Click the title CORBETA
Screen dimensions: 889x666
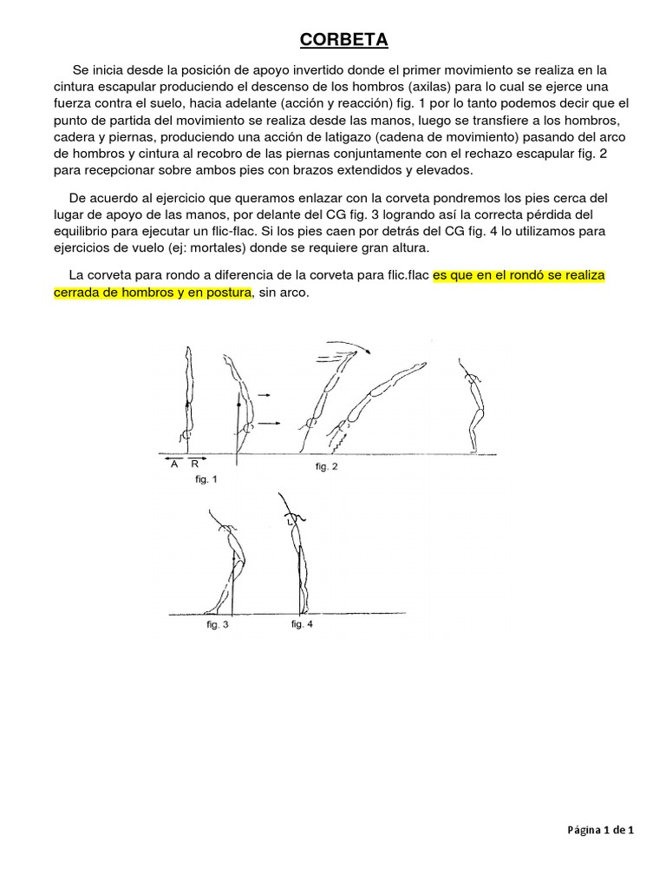(344, 40)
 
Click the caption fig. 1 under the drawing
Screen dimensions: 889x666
(207, 478)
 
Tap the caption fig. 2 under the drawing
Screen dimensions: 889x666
(326, 467)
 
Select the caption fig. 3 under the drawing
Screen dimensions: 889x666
(218, 624)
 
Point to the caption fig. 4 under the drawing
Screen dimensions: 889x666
(302, 624)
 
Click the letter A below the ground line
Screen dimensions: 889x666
(174, 464)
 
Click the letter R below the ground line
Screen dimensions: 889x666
(195, 464)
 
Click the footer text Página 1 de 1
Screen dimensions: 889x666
(601, 830)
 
